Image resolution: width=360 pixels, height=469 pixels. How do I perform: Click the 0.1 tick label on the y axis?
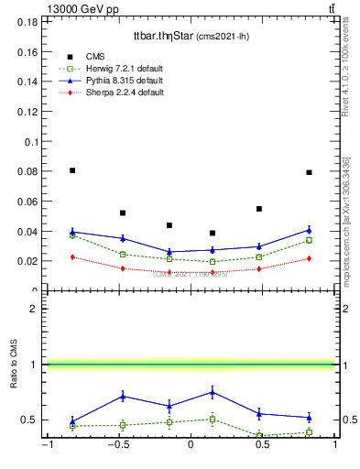point(31,142)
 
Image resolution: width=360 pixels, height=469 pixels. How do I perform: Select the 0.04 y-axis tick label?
point(28,231)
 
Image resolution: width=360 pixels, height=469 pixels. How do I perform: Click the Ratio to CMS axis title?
point(15,365)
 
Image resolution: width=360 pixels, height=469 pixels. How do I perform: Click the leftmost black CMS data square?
point(72,170)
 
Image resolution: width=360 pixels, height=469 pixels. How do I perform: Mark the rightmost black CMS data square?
point(310,172)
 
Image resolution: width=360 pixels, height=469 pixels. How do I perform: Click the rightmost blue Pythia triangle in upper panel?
point(310,230)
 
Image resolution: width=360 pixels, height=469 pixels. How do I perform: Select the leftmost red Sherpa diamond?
point(72,257)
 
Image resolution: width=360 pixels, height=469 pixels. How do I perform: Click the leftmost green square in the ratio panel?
point(72,426)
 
